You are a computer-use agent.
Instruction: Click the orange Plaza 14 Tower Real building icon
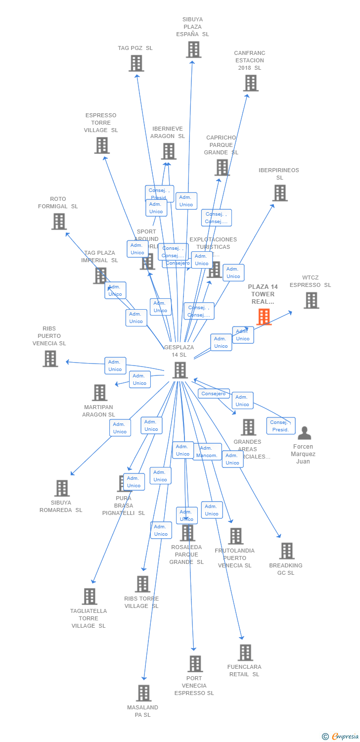click(x=264, y=317)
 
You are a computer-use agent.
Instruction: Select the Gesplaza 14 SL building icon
click(x=180, y=370)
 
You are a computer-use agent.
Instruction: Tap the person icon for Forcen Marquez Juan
click(x=305, y=433)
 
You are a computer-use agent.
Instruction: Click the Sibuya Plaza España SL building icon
click(x=193, y=49)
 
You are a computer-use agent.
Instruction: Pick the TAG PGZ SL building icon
click(x=136, y=63)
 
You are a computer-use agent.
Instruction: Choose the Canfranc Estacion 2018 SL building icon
click(x=250, y=83)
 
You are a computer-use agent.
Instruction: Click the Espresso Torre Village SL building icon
click(x=101, y=145)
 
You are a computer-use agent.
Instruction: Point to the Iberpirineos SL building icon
click(x=279, y=193)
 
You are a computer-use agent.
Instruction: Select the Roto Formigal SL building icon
click(x=59, y=221)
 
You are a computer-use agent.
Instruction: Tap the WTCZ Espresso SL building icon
click(x=311, y=300)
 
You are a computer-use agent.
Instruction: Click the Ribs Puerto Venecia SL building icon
click(x=50, y=359)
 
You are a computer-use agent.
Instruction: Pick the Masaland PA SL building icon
click(x=143, y=693)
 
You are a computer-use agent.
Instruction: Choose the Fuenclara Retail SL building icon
click(x=245, y=652)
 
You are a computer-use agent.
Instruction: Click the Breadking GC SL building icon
click(x=286, y=551)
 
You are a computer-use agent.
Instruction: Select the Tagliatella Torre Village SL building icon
click(x=89, y=596)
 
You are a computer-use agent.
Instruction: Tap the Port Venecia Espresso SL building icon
click(x=195, y=664)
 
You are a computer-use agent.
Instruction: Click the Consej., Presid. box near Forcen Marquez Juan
click(x=280, y=426)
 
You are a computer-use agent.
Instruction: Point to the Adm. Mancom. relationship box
click(x=207, y=452)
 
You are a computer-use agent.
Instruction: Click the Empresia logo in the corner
click(x=341, y=737)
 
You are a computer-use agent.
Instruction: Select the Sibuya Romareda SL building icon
click(x=61, y=488)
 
